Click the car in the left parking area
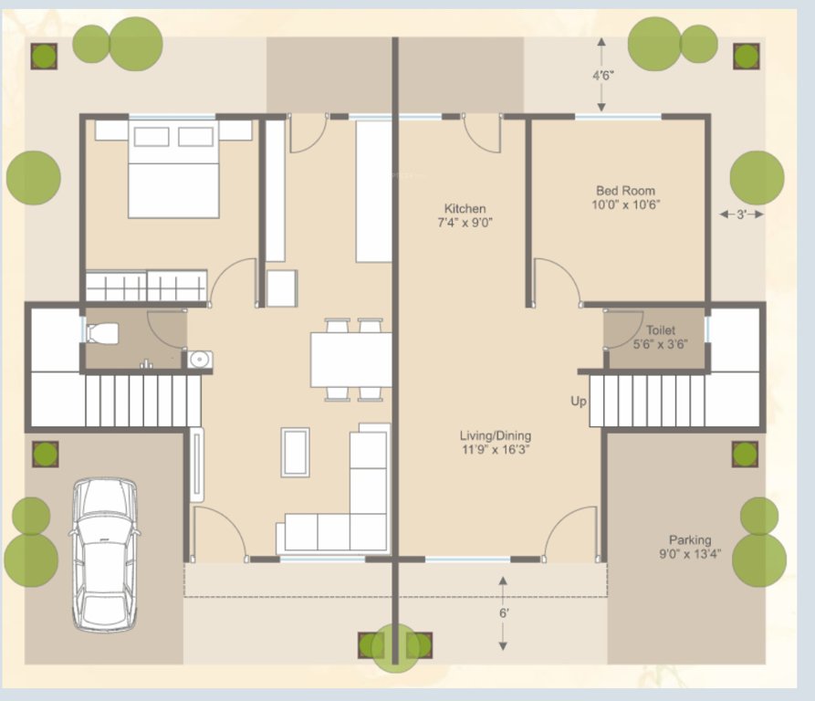pyautogui.click(x=105, y=554)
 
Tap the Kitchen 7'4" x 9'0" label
pyautogui.click(x=465, y=215)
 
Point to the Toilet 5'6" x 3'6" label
pyautogui.click(x=660, y=337)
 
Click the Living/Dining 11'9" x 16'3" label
pyautogui.click(x=496, y=443)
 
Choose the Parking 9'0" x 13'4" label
pyautogui.click(x=689, y=547)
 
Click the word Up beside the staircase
pyautogui.click(x=579, y=402)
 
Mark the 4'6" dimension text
pyautogui.click(x=602, y=76)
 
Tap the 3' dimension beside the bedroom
pyautogui.click(x=741, y=214)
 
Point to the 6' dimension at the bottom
pyautogui.click(x=503, y=613)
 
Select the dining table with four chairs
pyautogui.click(x=351, y=360)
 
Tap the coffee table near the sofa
pyautogui.click(x=295, y=452)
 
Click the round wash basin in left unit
pyautogui.click(x=198, y=359)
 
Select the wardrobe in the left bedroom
pyautogui.click(x=146, y=287)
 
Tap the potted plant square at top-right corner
pyautogui.click(x=746, y=56)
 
